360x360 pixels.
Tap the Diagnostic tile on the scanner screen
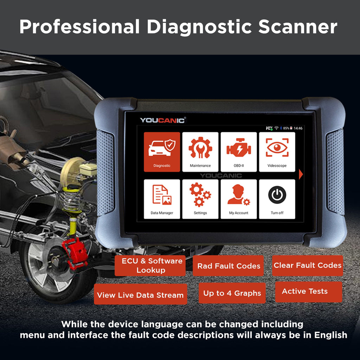click(162, 152)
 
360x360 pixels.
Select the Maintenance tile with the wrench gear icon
click(200, 152)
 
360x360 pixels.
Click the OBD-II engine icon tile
click(238, 152)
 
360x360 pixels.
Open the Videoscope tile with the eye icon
click(277, 152)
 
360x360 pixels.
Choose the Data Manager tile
click(162, 199)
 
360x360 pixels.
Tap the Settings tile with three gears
click(200, 199)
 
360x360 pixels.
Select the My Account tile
click(238, 199)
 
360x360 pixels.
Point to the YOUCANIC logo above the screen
click(162, 120)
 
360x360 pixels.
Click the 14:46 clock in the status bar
click(298, 128)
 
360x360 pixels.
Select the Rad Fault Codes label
click(229, 266)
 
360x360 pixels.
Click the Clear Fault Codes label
click(308, 265)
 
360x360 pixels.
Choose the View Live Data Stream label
click(140, 295)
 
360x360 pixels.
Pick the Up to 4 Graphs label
click(232, 293)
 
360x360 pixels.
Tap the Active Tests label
click(305, 291)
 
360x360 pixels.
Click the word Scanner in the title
click(298, 27)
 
